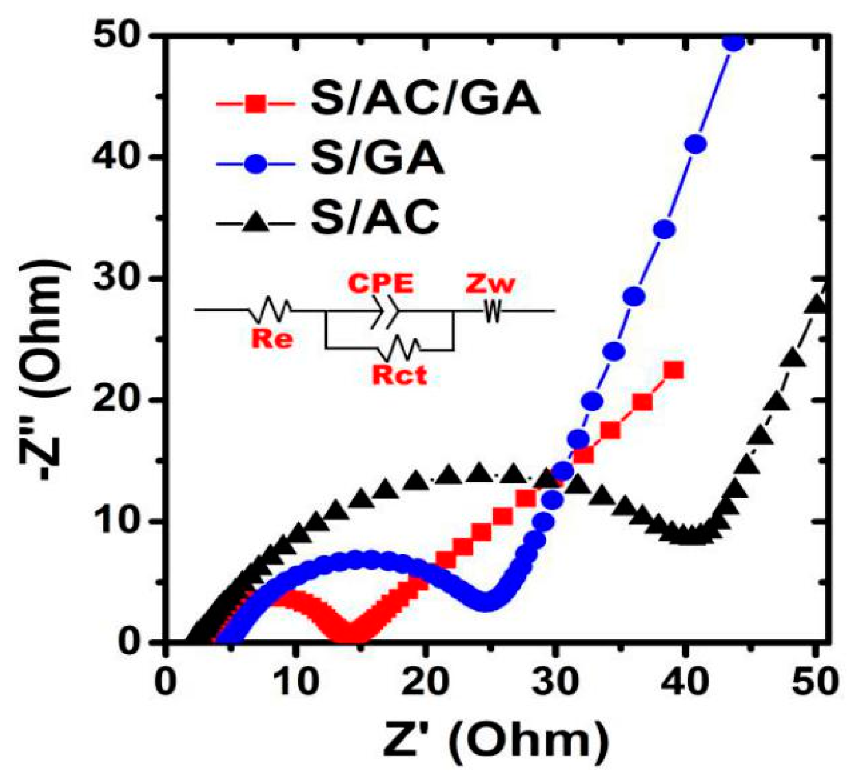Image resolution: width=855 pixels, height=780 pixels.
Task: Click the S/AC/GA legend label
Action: tap(425, 99)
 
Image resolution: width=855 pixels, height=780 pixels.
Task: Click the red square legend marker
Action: tap(256, 104)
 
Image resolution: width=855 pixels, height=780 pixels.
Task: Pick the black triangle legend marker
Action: tap(256, 224)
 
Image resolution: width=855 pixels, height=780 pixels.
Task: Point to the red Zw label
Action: tap(490, 284)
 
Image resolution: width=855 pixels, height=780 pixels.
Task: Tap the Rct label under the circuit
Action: tap(399, 376)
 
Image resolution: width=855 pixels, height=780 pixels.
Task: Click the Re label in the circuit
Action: tap(272, 338)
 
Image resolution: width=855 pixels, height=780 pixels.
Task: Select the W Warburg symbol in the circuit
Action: tap(493, 310)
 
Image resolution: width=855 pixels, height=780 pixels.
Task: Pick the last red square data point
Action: tap(675, 371)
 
